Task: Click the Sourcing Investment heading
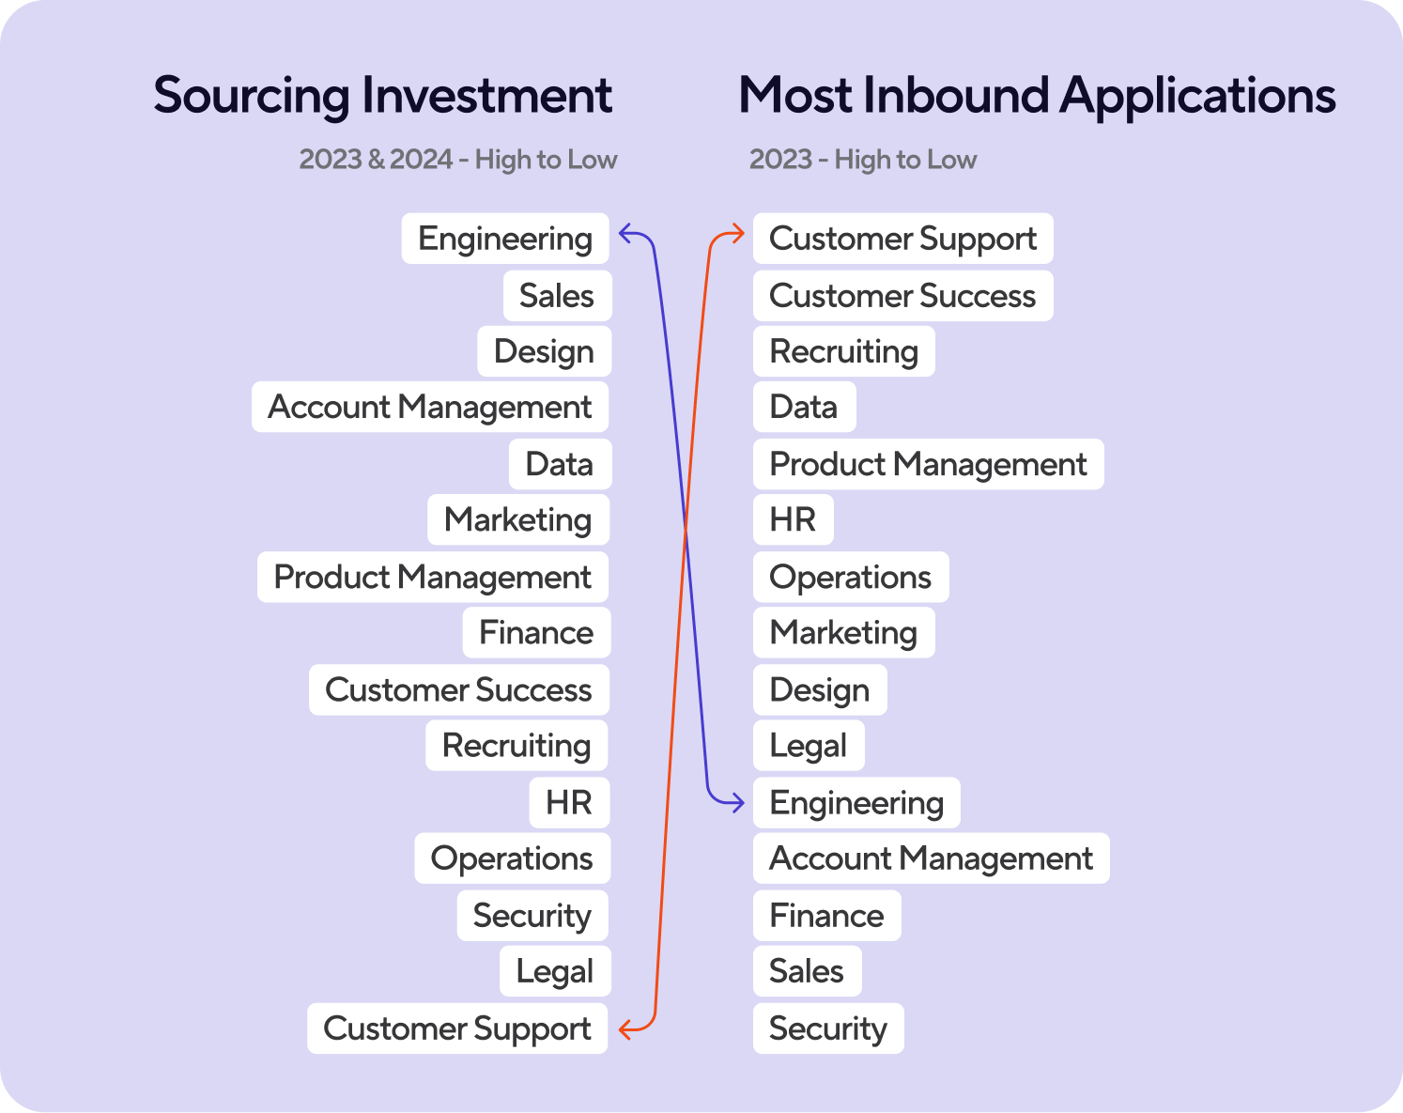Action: (x=383, y=96)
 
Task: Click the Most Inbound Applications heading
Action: (x=1037, y=96)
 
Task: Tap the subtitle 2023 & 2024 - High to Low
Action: (x=457, y=160)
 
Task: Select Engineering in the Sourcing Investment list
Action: (x=505, y=239)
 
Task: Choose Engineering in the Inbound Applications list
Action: (x=856, y=803)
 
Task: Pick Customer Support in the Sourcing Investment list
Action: (x=457, y=1028)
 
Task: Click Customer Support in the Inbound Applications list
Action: (x=903, y=239)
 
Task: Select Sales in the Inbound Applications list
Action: (x=807, y=971)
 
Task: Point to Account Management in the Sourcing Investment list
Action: (x=430, y=407)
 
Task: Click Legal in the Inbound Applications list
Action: (x=809, y=745)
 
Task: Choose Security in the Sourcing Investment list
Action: (x=532, y=916)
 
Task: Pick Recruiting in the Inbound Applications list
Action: (x=843, y=351)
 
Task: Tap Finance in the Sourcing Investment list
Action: (x=536, y=632)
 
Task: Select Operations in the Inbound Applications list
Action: (x=851, y=577)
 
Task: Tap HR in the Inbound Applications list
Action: (x=793, y=519)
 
